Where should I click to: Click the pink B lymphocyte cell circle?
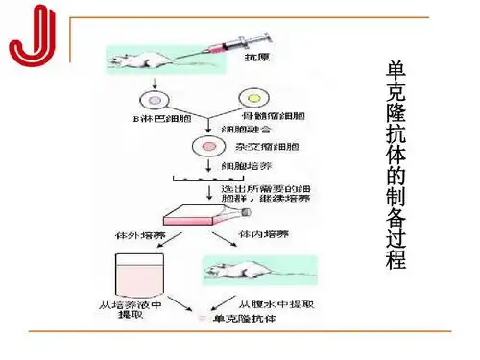point(154,100)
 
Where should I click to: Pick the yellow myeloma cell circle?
point(254,99)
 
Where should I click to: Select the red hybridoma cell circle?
point(204,147)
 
